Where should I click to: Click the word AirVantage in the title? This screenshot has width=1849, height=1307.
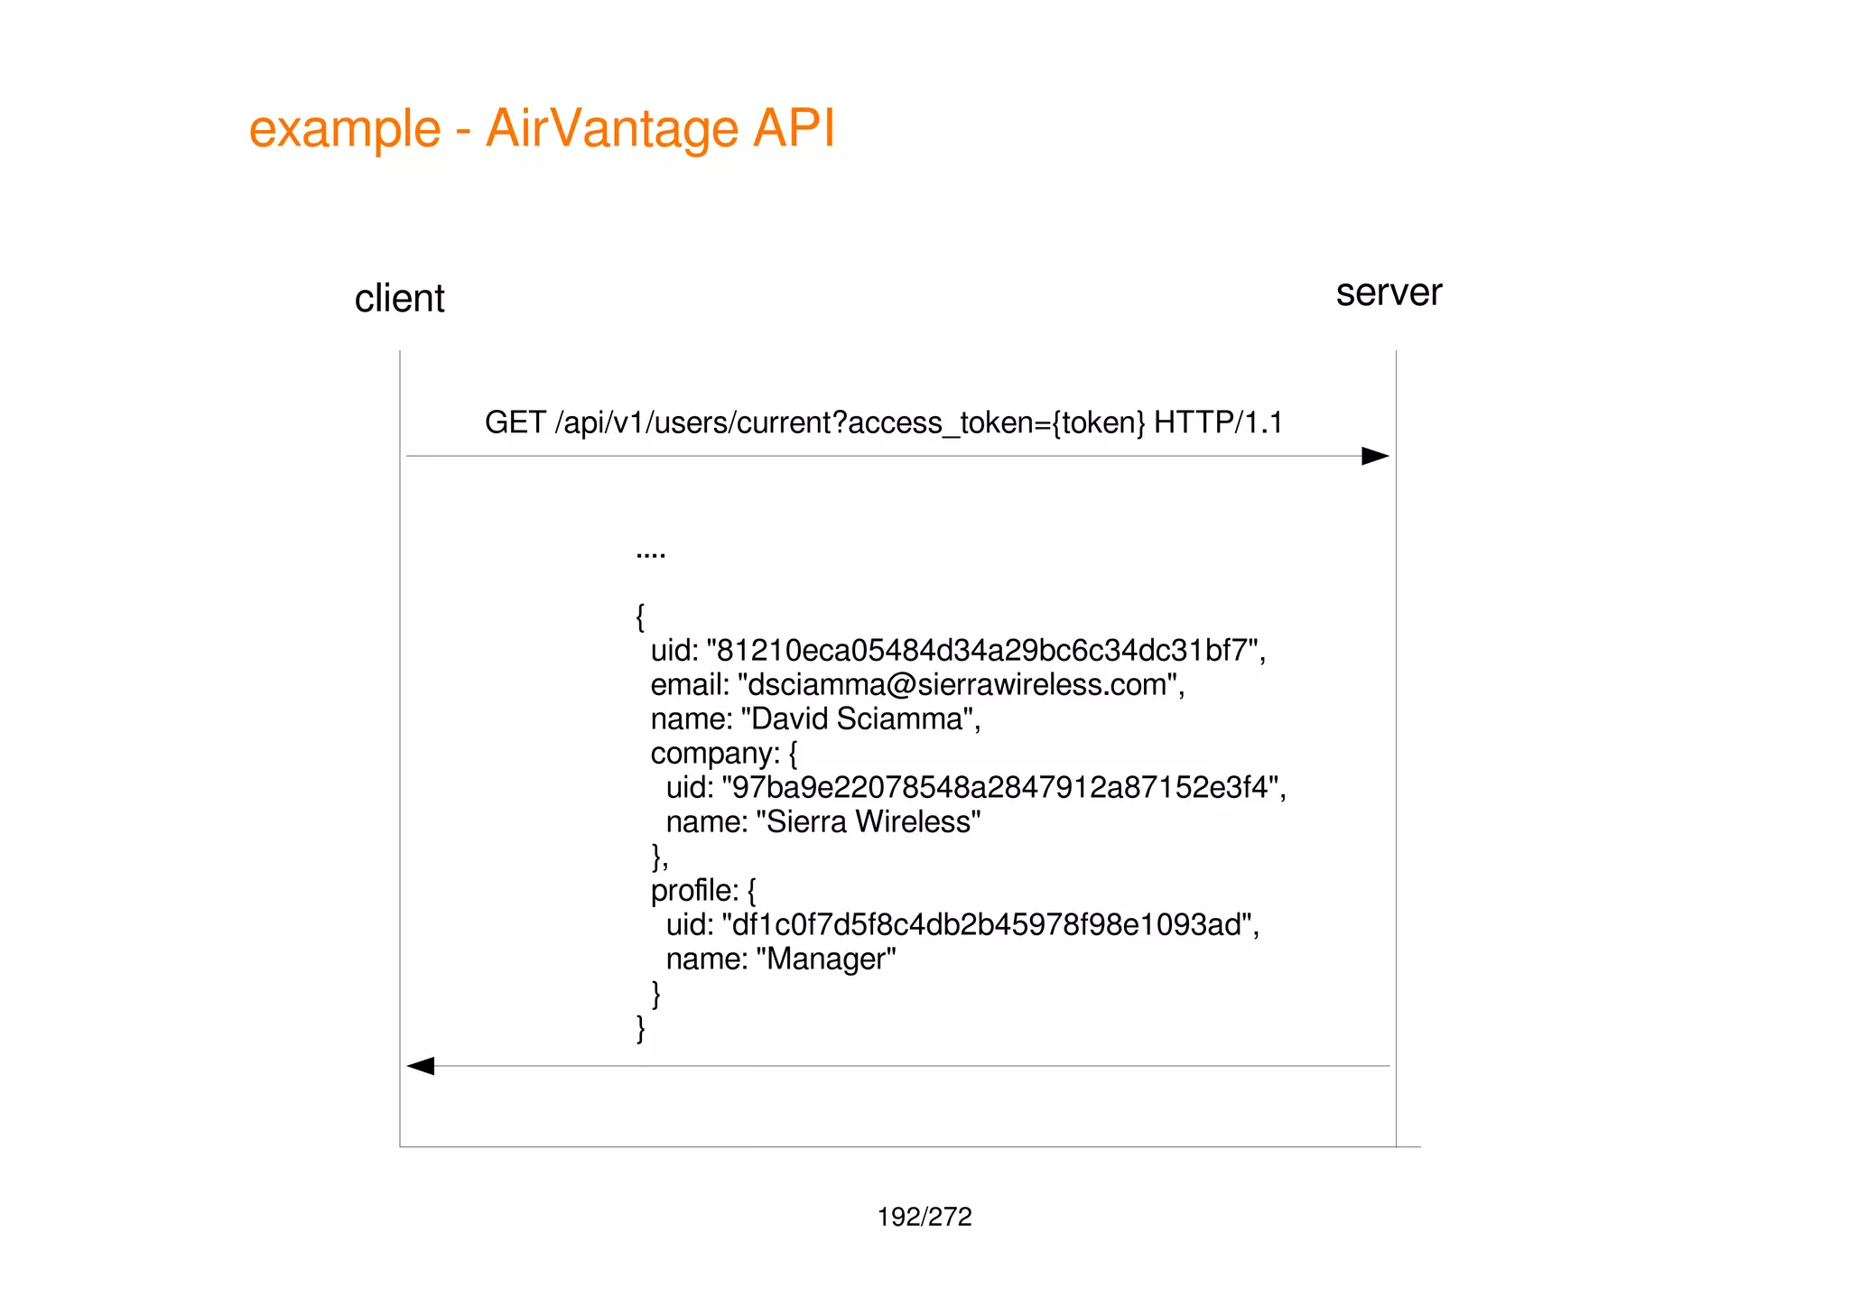(x=612, y=128)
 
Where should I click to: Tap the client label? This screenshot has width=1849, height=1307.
(x=399, y=299)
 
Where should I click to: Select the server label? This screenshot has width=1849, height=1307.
(x=1389, y=292)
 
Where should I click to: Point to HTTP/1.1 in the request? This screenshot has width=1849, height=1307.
(x=1218, y=422)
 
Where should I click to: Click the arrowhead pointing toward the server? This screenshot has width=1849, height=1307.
(x=1374, y=456)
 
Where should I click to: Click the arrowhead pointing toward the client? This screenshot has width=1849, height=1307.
(x=422, y=1066)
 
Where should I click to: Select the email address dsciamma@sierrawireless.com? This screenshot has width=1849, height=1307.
(x=958, y=685)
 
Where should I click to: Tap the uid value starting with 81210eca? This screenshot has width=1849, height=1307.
(x=981, y=651)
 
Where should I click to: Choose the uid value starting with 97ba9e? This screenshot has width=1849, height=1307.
(x=999, y=788)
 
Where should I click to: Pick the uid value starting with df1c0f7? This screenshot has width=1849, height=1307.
(x=986, y=925)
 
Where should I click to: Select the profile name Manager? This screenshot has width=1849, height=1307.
(x=825, y=959)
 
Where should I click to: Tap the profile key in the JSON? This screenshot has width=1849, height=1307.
(x=693, y=891)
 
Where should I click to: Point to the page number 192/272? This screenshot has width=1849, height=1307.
(x=924, y=1217)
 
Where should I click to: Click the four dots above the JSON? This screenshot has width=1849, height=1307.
(x=650, y=554)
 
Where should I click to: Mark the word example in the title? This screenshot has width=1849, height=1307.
(x=345, y=128)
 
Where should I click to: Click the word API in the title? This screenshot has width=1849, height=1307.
(x=794, y=128)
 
